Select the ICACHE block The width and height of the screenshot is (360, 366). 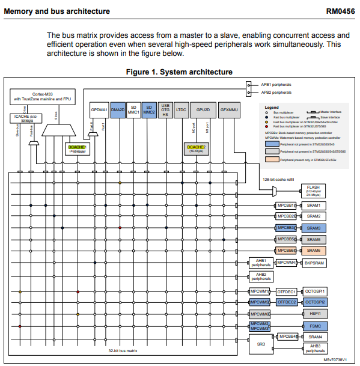pos(26,118)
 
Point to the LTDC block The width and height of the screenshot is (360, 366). pos(182,110)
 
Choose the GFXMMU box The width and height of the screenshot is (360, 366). pos(229,110)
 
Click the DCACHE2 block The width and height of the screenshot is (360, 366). pos(196,148)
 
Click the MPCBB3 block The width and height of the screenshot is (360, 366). pos(285,228)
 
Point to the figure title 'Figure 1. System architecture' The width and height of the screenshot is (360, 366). pos(179,72)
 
